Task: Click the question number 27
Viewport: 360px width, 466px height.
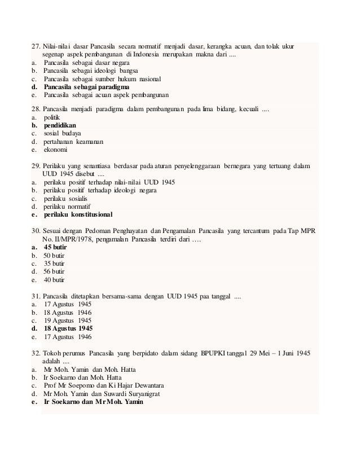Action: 36,46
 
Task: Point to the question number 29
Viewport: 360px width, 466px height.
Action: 36,166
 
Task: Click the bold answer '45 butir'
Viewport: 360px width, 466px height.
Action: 56,247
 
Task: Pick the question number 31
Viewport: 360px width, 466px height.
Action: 36,295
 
